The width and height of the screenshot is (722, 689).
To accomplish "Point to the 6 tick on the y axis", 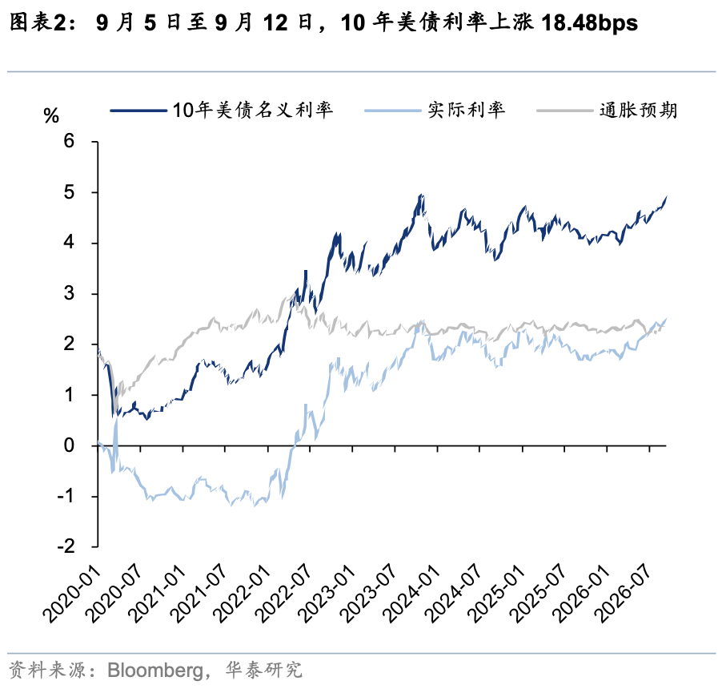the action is [69, 141].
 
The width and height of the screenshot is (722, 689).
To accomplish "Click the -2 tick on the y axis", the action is [66, 546].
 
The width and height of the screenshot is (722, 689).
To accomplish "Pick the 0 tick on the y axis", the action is [69, 445].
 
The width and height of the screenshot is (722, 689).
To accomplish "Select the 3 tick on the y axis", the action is [69, 293].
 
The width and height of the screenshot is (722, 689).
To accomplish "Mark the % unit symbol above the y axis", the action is [51, 115].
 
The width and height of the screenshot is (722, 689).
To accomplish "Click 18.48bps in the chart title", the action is [589, 22].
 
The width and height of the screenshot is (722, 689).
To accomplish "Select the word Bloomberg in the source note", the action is [155, 671].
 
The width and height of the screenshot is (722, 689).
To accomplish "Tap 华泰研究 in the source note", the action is [264, 670].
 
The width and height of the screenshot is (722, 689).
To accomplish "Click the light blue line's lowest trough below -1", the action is [255, 506].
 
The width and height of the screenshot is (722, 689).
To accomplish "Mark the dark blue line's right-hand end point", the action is [666, 197].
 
